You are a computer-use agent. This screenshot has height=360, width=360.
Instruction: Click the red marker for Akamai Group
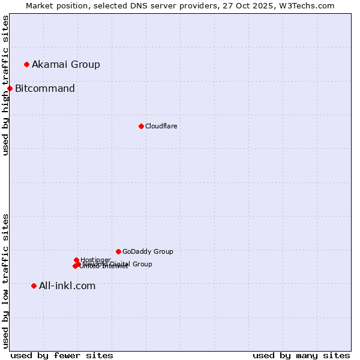(x=26, y=64)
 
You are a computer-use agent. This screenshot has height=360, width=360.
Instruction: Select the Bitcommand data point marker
(x=10, y=89)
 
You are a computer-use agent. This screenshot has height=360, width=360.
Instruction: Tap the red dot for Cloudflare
(x=141, y=126)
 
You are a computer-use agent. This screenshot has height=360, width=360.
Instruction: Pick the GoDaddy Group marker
(x=118, y=251)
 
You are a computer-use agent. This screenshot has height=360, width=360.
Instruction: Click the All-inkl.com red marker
(x=34, y=286)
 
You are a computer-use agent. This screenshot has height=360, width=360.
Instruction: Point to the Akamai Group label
(x=66, y=64)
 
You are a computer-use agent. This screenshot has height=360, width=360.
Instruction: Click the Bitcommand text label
(x=45, y=89)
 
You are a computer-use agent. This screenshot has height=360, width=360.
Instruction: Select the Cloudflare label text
(x=161, y=126)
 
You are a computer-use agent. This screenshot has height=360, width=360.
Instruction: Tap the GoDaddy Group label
(x=148, y=251)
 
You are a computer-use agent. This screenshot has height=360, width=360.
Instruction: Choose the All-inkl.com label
(x=67, y=286)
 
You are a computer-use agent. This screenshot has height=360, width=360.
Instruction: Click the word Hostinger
(x=95, y=260)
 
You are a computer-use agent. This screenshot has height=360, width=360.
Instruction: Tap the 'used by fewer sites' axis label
(x=62, y=355)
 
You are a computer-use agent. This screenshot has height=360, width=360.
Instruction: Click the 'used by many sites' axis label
(x=301, y=355)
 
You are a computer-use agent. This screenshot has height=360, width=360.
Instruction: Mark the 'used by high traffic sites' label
(x=5, y=85)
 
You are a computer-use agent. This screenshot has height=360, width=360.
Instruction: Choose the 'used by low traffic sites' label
(x=5, y=281)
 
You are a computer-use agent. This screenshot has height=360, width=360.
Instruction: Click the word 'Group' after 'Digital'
(x=142, y=264)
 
